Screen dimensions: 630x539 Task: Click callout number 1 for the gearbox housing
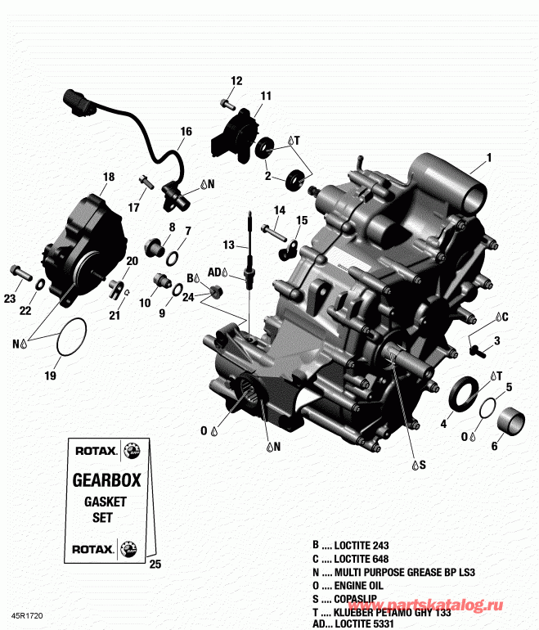click(489, 157)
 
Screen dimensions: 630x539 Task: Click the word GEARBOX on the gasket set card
click(102, 480)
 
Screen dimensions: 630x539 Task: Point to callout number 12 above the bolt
click(236, 80)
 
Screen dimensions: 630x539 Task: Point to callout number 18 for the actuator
click(108, 177)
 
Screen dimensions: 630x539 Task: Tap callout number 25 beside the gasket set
click(156, 565)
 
